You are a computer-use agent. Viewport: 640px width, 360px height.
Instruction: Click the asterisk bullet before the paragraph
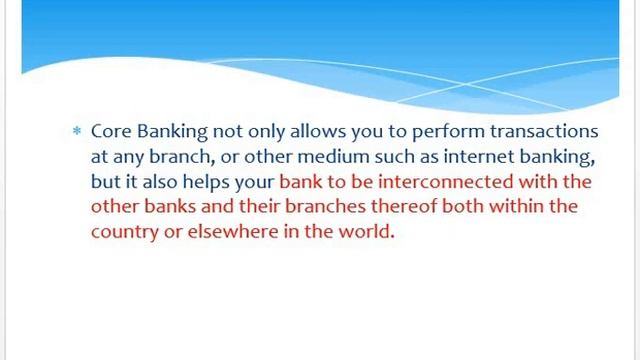(x=76, y=132)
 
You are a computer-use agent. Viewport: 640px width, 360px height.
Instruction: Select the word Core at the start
(x=108, y=132)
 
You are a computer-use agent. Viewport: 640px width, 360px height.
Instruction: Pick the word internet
(x=462, y=157)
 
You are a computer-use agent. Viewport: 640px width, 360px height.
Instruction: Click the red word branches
(x=320, y=207)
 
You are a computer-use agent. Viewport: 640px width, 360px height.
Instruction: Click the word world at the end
(x=368, y=232)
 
